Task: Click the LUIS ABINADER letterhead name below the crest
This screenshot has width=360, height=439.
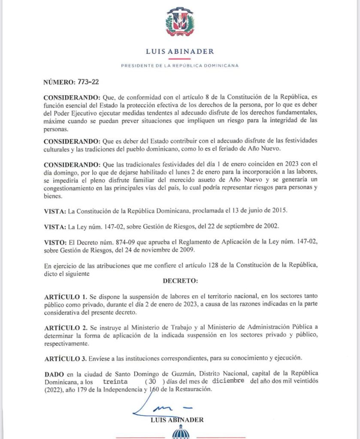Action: click(x=180, y=51)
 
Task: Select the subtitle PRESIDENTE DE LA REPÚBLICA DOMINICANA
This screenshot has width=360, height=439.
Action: click(x=180, y=66)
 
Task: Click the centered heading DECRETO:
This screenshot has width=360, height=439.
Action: click(x=180, y=281)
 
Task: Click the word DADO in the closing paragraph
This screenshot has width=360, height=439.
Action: click(x=54, y=374)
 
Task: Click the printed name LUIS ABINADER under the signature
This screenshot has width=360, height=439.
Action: click(x=177, y=420)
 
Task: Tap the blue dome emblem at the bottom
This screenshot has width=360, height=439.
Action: click(x=180, y=434)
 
